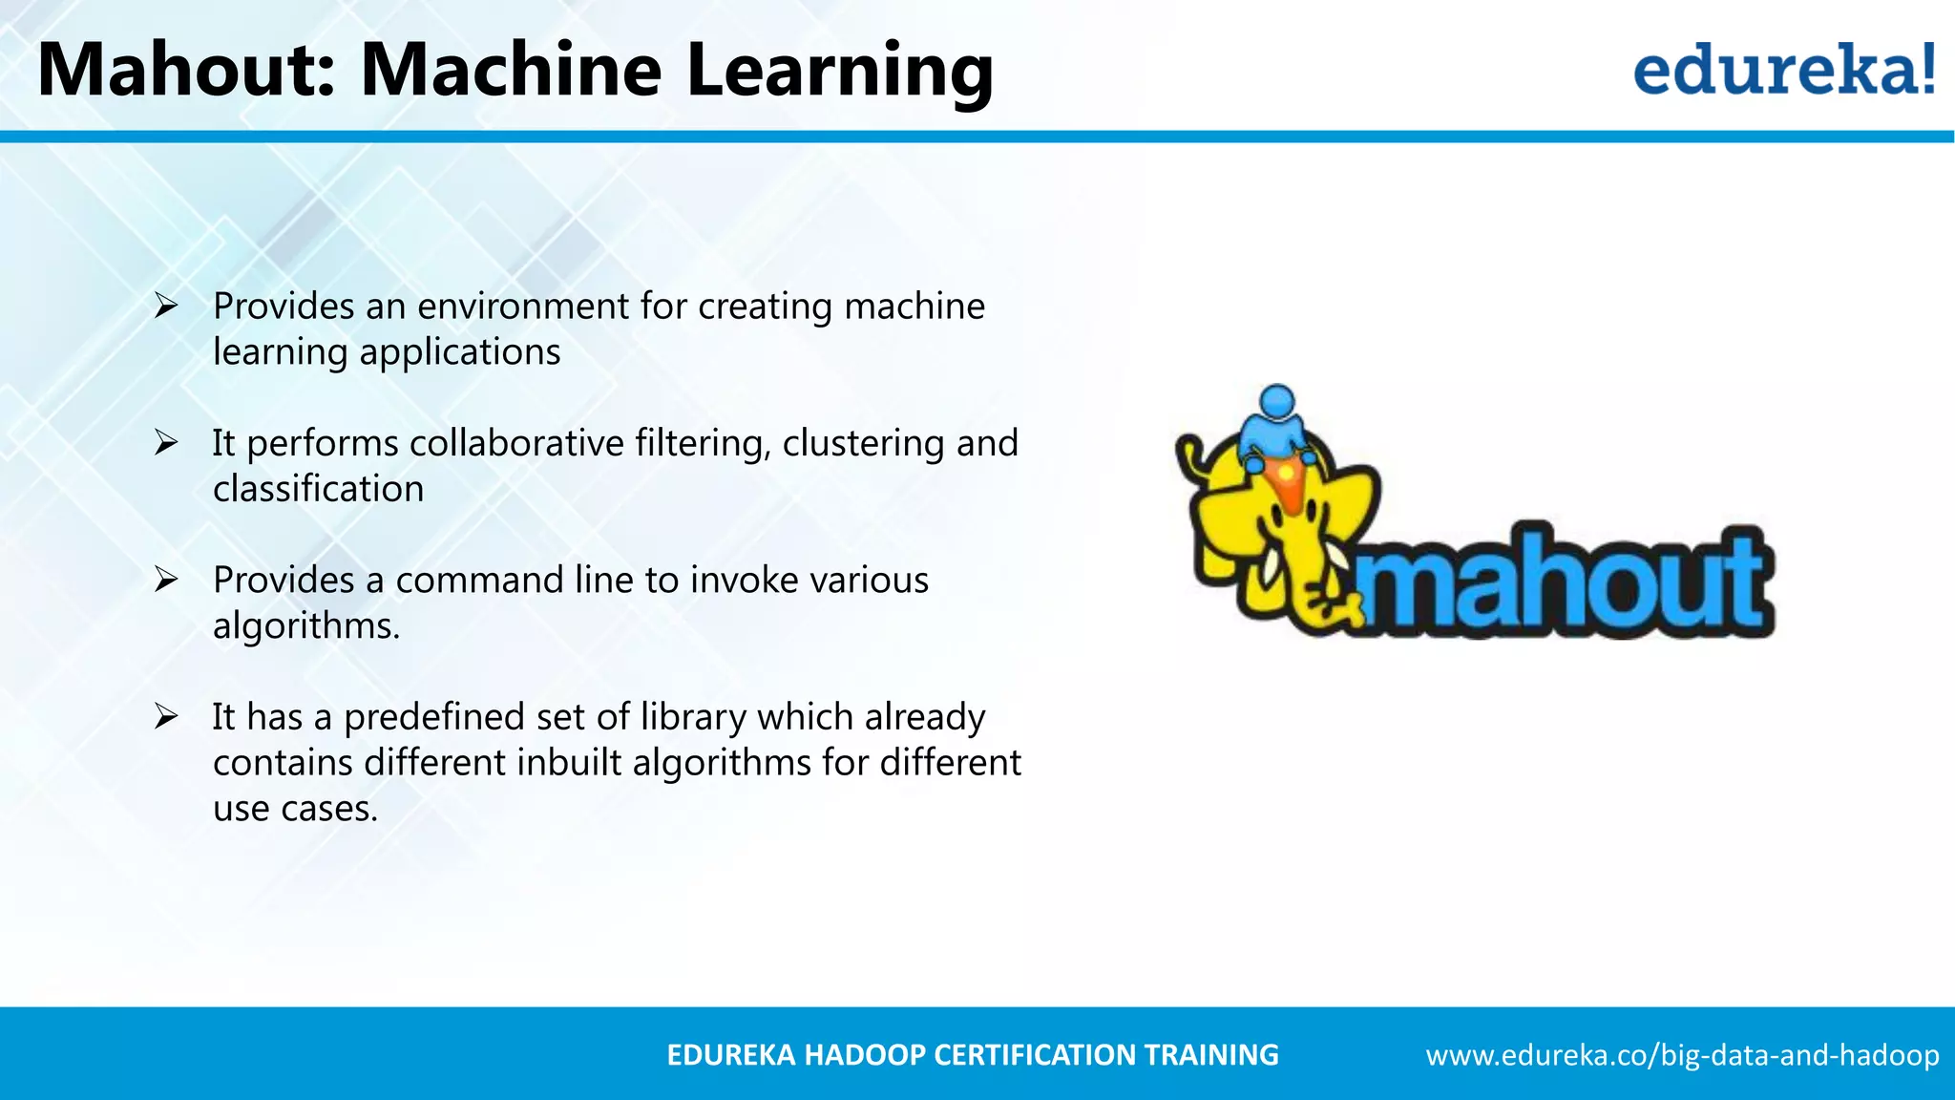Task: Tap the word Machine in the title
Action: click(511, 71)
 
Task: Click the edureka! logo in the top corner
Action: click(1783, 71)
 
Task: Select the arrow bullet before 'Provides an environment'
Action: click(166, 307)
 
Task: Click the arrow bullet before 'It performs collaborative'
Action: click(166, 443)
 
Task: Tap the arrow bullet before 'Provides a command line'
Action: click(166, 580)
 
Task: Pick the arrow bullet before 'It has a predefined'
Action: click(166, 716)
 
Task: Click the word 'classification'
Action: click(318, 490)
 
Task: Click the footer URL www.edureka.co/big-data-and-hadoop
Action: click(1682, 1055)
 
